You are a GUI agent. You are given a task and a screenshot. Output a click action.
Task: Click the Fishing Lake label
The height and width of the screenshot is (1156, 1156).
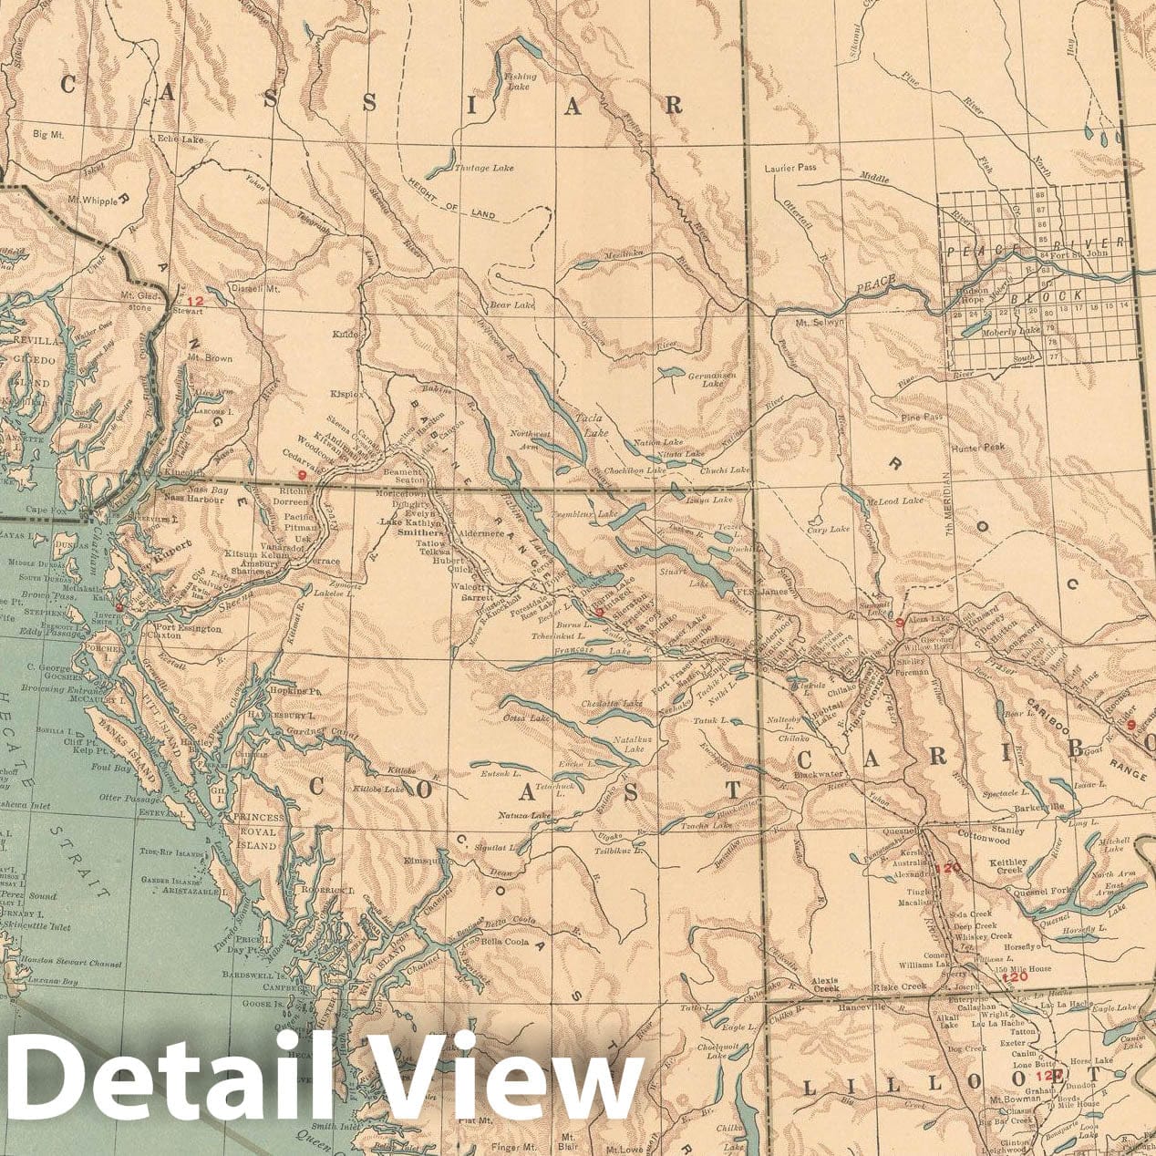click(x=521, y=81)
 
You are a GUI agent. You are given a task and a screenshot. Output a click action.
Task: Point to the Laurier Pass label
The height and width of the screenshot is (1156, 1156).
click(x=790, y=168)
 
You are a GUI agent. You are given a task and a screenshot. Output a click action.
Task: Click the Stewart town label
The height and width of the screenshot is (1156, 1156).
click(x=189, y=311)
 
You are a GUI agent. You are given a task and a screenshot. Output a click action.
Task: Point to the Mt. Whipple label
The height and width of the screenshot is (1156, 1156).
click(x=92, y=199)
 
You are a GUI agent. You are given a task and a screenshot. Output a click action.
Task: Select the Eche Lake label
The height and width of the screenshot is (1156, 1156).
click(x=179, y=139)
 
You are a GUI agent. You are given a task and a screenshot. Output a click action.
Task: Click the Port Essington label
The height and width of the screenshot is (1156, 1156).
click(x=188, y=628)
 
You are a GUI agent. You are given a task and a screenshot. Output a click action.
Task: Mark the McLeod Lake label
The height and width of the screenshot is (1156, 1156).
click(x=895, y=501)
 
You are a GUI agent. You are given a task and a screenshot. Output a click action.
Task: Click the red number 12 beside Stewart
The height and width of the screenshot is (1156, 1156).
click(x=192, y=301)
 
